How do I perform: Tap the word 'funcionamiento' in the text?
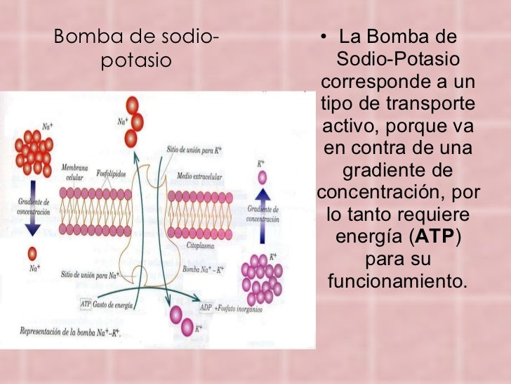(395, 282)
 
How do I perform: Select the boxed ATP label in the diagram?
(86, 305)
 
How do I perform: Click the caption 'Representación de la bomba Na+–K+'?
(68, 331)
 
